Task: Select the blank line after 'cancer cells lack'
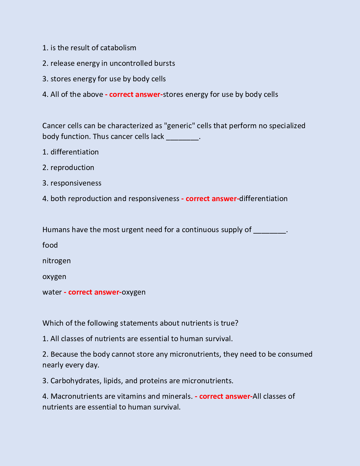coord(182,137)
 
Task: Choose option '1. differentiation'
coord(71,152)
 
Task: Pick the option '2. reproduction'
coord(68,167)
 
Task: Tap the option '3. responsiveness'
coord(72,183)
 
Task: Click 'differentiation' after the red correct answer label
coord(263,199)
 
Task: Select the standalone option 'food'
coord(50,245)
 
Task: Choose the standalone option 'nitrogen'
coord(56,261)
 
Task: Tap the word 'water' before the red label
coord(52,292)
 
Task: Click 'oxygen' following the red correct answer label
coord(134,292)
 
